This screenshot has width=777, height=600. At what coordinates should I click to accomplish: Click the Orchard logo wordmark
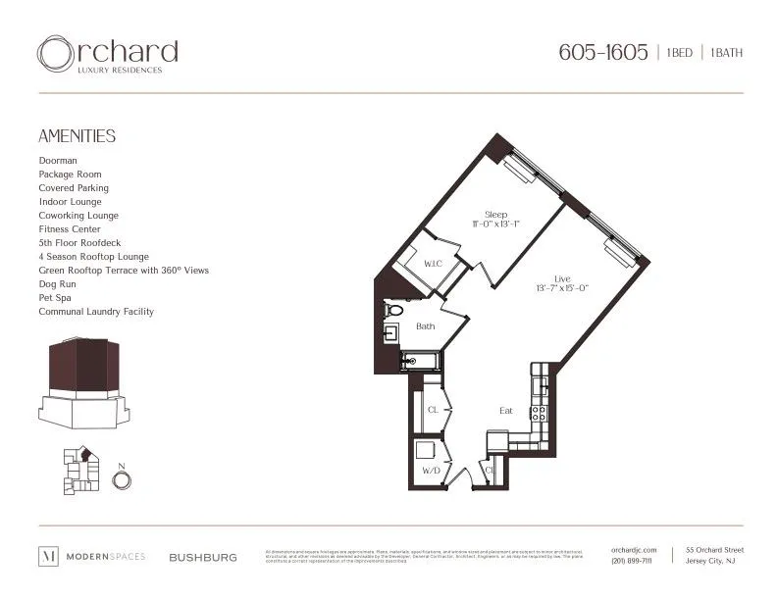(x=108, y=53)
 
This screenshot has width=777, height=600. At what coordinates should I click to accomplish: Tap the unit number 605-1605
(x=602, y=53)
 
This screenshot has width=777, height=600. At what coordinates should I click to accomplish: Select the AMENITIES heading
(x=77, y=136)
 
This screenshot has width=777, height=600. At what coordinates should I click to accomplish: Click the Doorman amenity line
(x=58, y=160)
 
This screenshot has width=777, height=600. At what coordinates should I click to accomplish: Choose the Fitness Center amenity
(x=70, y=228)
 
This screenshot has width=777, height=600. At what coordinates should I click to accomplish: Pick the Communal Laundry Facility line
(x=96, y=312)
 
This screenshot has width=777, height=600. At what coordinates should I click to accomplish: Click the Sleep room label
(x=494, y=214)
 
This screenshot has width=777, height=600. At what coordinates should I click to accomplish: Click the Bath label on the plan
(x=426, y=325)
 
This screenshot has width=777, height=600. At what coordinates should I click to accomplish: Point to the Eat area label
(x=505, y=411)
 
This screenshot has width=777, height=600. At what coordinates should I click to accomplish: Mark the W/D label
(x=431, y=472)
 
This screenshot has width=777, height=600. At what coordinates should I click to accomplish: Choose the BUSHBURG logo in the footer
(x=203, y=557)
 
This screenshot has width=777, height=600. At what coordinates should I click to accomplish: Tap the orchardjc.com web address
(x=632, y=551)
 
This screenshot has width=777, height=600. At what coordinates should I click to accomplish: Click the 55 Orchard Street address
(x=714, y=551)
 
